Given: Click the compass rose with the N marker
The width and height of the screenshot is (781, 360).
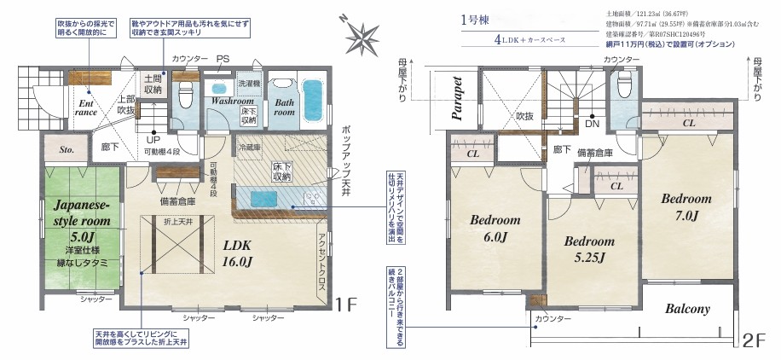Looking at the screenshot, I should (363, 36).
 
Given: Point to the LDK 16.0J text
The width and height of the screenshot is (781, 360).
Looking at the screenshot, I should (238, 253).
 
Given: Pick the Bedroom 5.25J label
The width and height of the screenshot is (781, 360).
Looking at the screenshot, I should (589, 250).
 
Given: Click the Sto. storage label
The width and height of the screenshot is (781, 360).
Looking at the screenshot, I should (67, 150).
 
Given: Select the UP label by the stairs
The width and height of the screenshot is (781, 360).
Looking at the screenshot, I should (153, 139).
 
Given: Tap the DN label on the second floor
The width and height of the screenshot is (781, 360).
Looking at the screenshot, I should (592, 123).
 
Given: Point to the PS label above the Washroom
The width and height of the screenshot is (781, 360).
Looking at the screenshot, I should (223, 59).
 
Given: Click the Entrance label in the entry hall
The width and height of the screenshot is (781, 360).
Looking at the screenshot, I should (85, 104).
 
